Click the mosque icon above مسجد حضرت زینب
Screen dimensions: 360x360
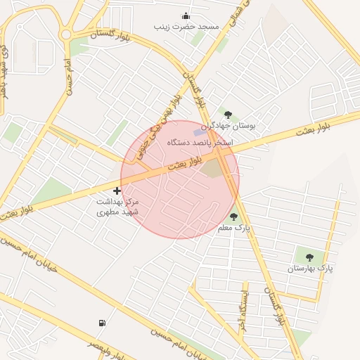coord(186,16)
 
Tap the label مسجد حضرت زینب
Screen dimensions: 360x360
coord(186,27)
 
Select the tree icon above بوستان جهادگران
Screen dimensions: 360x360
coord(228,114)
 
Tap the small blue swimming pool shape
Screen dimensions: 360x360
coord(200,132)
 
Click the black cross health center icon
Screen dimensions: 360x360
coord(117,191)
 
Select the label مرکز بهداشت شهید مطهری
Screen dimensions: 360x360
coord(117,206)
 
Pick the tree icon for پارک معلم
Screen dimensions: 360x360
coord(233,217)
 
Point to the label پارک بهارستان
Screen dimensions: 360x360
coord(310,268)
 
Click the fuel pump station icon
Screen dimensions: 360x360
coord(103,323)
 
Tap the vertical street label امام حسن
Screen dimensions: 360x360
coord(70,78)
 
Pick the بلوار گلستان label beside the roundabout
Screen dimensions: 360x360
coord(110,34)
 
